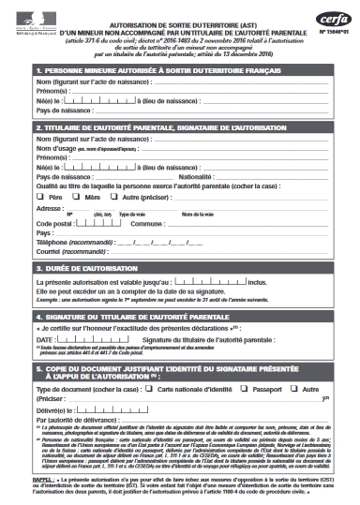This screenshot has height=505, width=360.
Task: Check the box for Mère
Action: [78, 199]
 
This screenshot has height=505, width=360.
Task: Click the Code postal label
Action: [56, 225]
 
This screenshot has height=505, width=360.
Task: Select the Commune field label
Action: [146, 225]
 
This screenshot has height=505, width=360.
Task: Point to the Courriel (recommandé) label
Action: [71, 251]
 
